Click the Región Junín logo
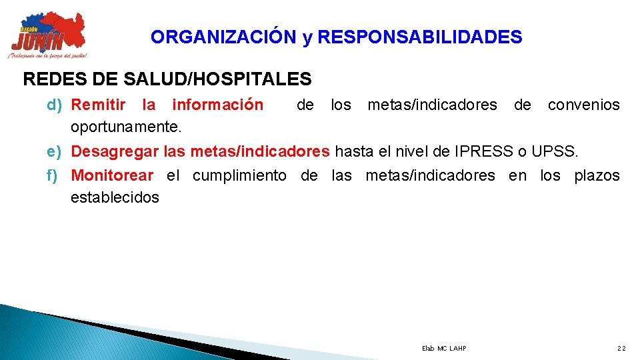pos(48,35)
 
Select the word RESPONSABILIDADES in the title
pos(420,37)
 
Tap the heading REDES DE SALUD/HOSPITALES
pos(167,80)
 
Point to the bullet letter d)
pos(55,105)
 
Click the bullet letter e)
pos(55,152)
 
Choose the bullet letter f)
pos(53,176)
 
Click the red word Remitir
pos(98,105)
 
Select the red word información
pos(217,105)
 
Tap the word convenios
pos(583,105)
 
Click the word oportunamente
pos(126,127)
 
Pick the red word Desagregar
pos(115,152)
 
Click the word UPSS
pos(555,152)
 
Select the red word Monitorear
pos(112,176)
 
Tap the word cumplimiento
pos(239,176)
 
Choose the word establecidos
pos(115,197)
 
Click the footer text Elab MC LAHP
pos(444,349)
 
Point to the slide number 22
pos(621,349)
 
